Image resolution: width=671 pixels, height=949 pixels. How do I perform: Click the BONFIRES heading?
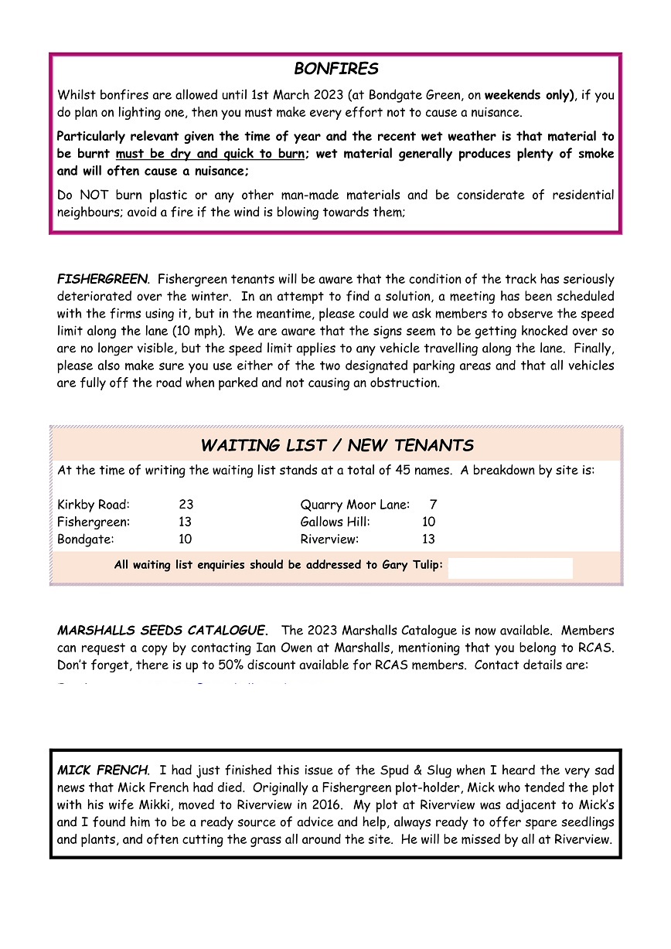point(336,70)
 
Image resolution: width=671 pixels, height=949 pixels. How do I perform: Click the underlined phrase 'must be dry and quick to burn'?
point(209,154)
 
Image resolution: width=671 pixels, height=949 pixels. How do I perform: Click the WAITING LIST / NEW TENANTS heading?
point(337,446)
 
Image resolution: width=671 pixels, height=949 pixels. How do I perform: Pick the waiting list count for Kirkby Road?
point(186,505)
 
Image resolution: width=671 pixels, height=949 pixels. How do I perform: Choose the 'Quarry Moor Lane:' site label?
point(355,505)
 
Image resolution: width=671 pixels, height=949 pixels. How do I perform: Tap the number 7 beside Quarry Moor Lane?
point(433,505)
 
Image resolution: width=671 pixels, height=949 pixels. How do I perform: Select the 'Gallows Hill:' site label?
point(335,522)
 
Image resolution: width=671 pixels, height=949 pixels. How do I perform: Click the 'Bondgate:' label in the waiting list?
point(86,539)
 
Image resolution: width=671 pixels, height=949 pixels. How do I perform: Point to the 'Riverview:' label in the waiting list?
point(329,539)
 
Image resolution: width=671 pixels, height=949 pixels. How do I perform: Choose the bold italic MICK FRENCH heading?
point(102,771)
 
